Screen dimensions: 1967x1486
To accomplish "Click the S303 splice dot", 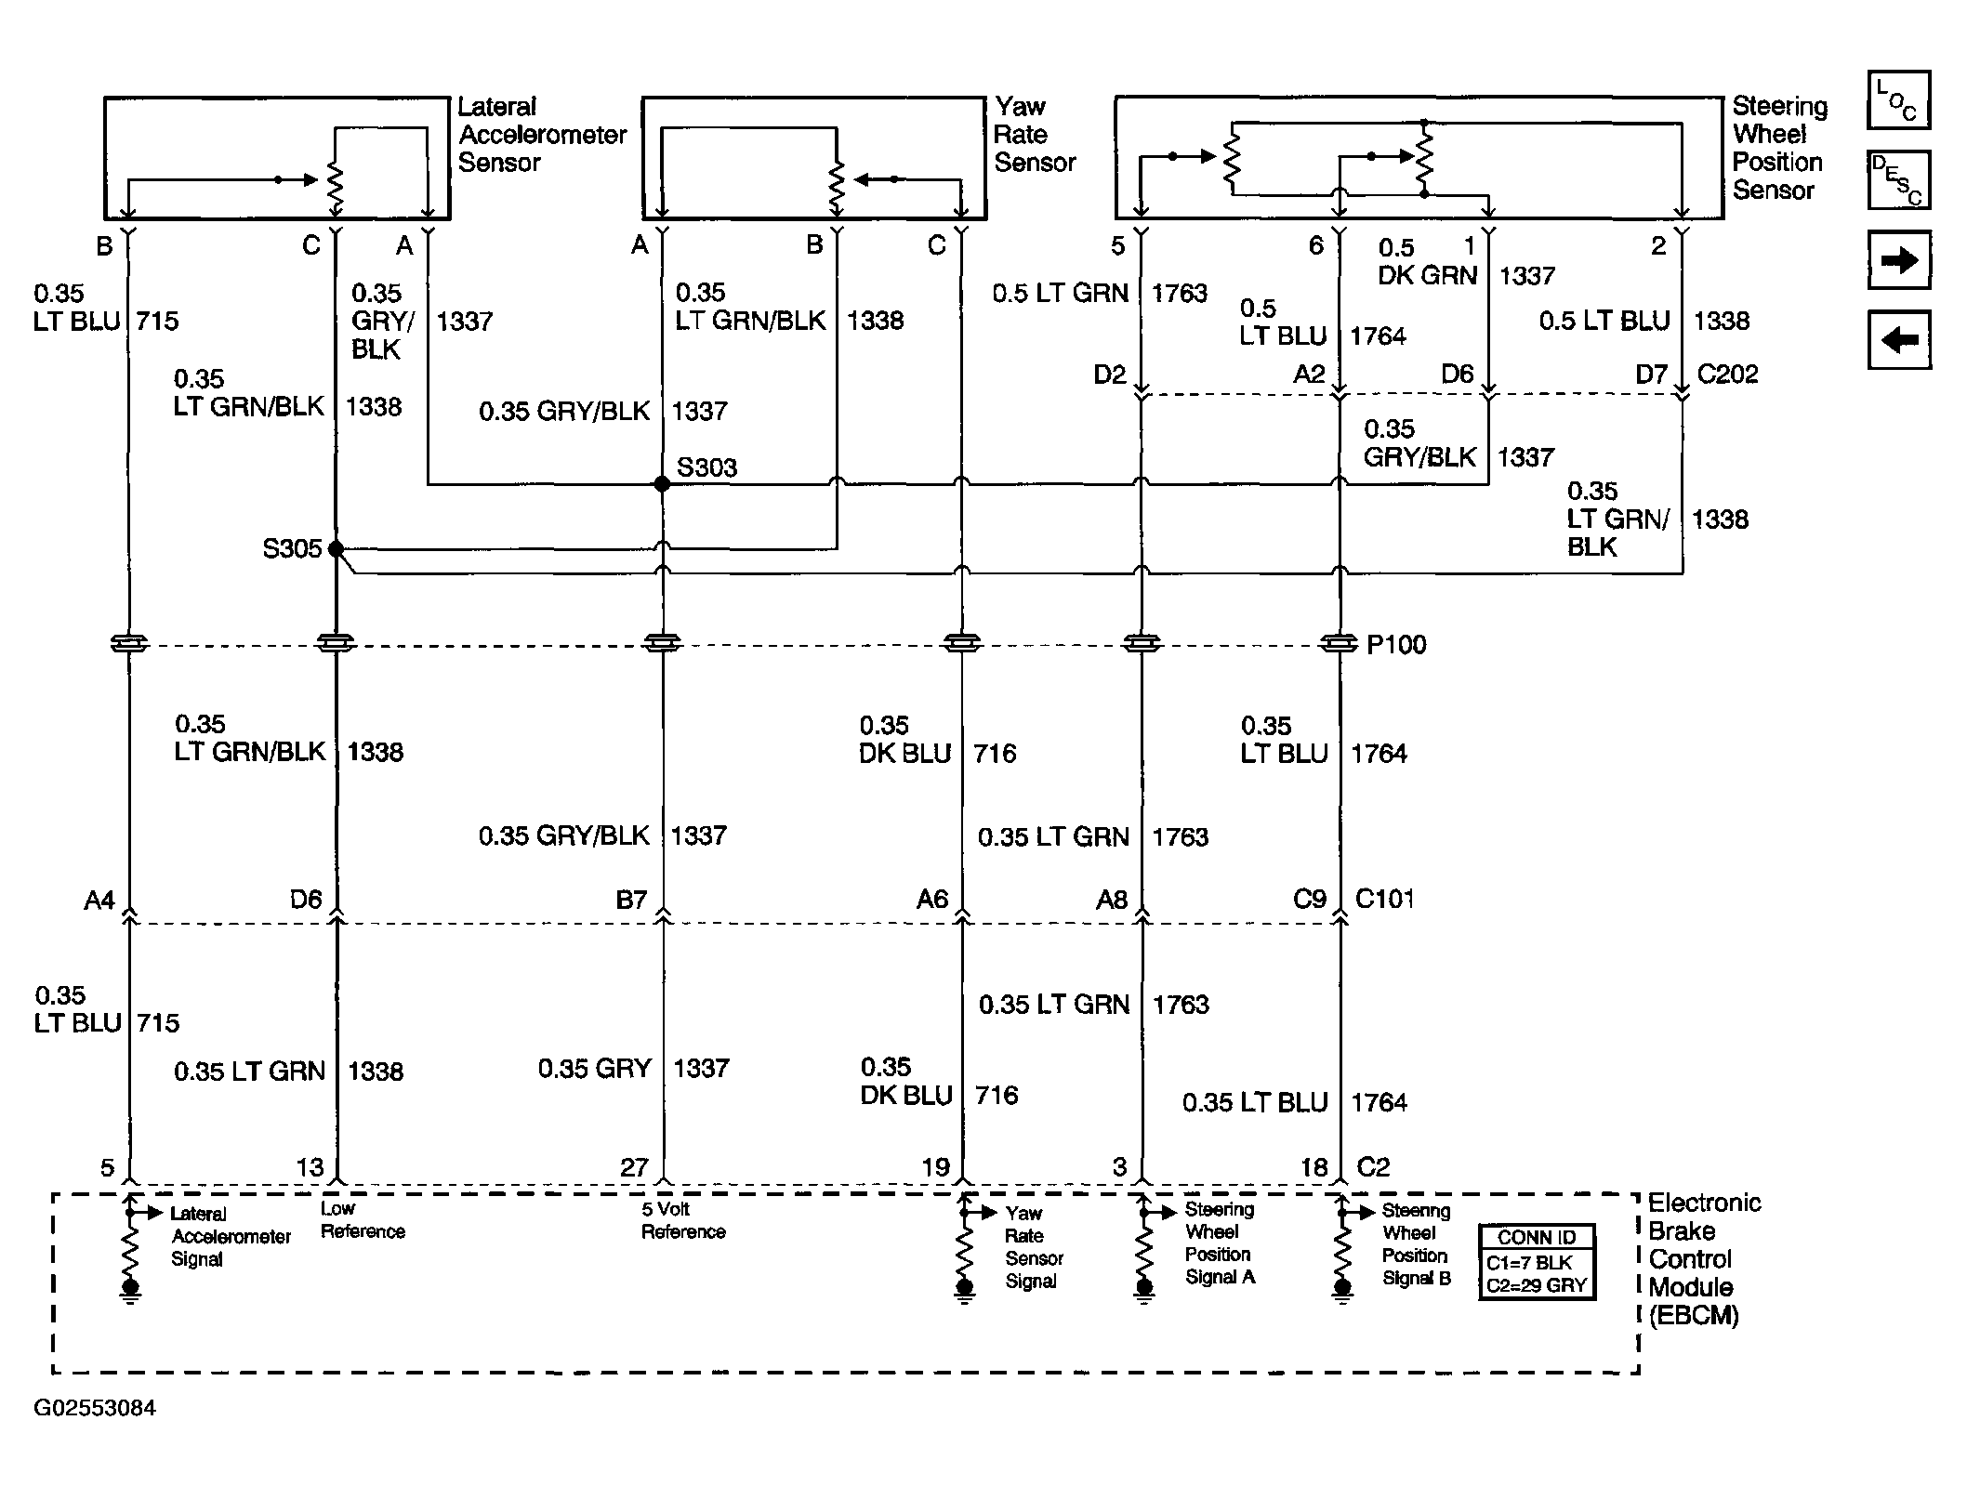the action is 662,484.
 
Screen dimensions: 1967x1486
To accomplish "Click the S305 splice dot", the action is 337,549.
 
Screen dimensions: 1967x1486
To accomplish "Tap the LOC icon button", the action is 1898,99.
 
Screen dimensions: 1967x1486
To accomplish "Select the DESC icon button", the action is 1898,179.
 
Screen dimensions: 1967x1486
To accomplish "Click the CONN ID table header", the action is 1537,1238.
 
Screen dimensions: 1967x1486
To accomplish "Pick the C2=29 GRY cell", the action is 1537,1286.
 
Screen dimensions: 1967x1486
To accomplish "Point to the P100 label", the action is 1396,644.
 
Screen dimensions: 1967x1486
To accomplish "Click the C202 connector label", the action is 1727,374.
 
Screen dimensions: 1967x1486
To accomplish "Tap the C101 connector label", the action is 1385,899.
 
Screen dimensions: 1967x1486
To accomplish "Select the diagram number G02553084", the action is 95,1408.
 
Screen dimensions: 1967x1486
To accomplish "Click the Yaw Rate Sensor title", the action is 1035,135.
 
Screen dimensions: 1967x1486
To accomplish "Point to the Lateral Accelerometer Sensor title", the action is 543,135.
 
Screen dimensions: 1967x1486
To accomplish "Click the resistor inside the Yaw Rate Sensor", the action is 837,188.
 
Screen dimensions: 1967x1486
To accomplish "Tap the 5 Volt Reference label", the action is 683,1220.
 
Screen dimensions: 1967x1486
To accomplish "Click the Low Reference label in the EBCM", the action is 363,1220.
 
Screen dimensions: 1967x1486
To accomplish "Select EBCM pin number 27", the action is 634,1167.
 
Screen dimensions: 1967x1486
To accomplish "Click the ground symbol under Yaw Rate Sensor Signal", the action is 965,1290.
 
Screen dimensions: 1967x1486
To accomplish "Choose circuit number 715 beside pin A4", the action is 158,1022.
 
